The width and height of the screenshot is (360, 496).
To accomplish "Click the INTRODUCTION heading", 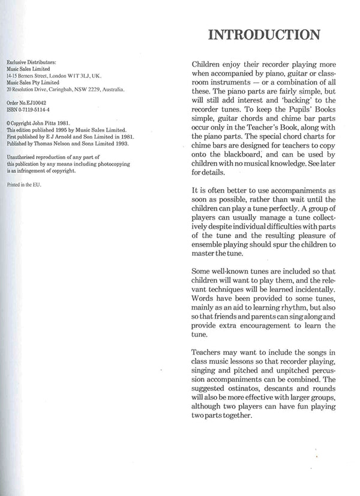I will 263,35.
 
